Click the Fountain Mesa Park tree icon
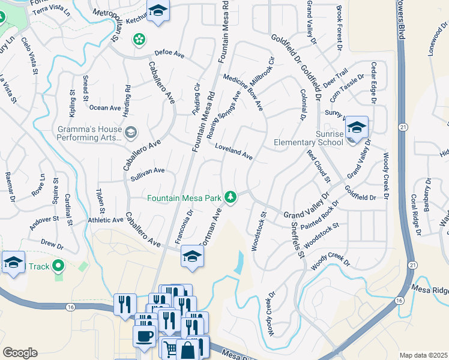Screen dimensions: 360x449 coord(230,197)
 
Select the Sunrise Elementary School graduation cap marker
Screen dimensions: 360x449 coord(357,128)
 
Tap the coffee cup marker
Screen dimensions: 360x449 coord(144,336)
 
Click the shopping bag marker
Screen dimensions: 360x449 coord(187,349)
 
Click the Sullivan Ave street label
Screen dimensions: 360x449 coord(148,171)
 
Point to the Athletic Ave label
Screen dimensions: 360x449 coord(106,220)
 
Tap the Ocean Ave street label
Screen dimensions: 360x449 coord(105,108)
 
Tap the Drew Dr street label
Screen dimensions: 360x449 coord(52,245)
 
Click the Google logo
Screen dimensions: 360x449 coord(20,353)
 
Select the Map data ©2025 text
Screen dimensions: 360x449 coord(423,355)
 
